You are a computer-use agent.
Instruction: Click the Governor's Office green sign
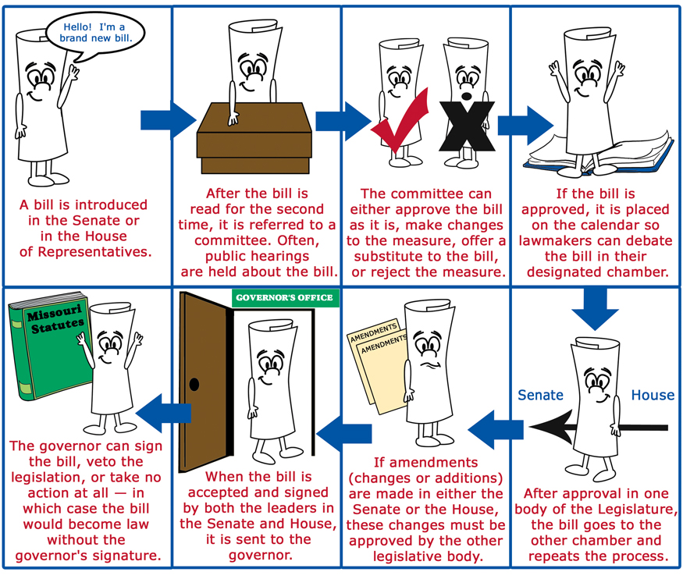pos(283,297)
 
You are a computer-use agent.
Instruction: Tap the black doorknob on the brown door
pos(194,384)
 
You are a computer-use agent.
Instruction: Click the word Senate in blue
pos(541,395)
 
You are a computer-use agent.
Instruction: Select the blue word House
pos(653,395)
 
